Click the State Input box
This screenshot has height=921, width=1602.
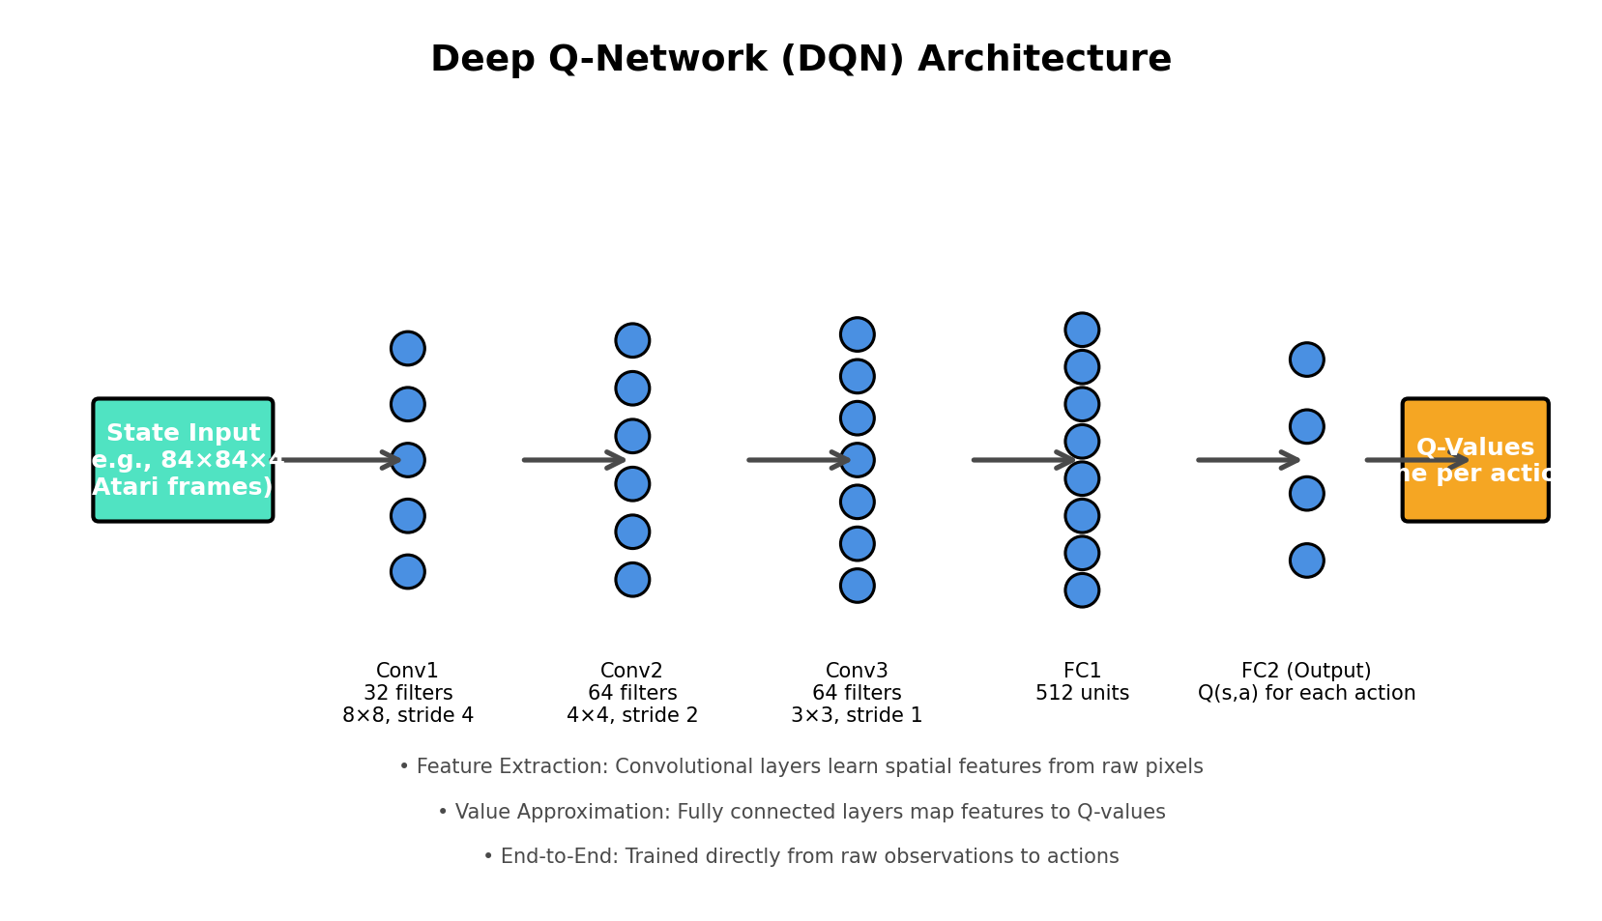pyautogui.click(x=183, y=460)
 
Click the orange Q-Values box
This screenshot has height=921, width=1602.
pyautogui.click(x=1474, y=460)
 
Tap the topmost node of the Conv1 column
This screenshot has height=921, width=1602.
pyautogui.click(x=408, y=348)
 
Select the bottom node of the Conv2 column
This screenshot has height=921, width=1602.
pyautogui.click(x=632, y=580)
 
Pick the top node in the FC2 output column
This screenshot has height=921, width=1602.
pyautogui.click(x=1306, y=360)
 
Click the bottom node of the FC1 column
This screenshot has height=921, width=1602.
pyautogui.click(x=1082, y=590)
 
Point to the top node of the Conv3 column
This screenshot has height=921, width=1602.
pyautogui.click(x=857, y=334)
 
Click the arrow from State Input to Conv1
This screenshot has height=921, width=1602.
pyautogui.click(x=338, y=460)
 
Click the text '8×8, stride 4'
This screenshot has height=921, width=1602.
pyautogui.click(x=408, y=716)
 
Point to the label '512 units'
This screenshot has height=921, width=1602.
pyautogui.click(x=1082, y=694)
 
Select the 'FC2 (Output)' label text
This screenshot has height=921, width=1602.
pyautogui.click(x=1306, y=671)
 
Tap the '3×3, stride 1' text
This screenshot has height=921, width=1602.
pyautogui.click(x=857, y=716)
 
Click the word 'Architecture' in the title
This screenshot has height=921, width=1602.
pyautogui.click(x=1044, y=60)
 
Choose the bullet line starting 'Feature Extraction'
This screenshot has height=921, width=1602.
pyautogui.click(x=801, y=767)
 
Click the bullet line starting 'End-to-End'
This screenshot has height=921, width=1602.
pyautogui.click(x=801, y=857)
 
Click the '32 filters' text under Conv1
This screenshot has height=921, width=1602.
pyautogui.click(x=408, y=694)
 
